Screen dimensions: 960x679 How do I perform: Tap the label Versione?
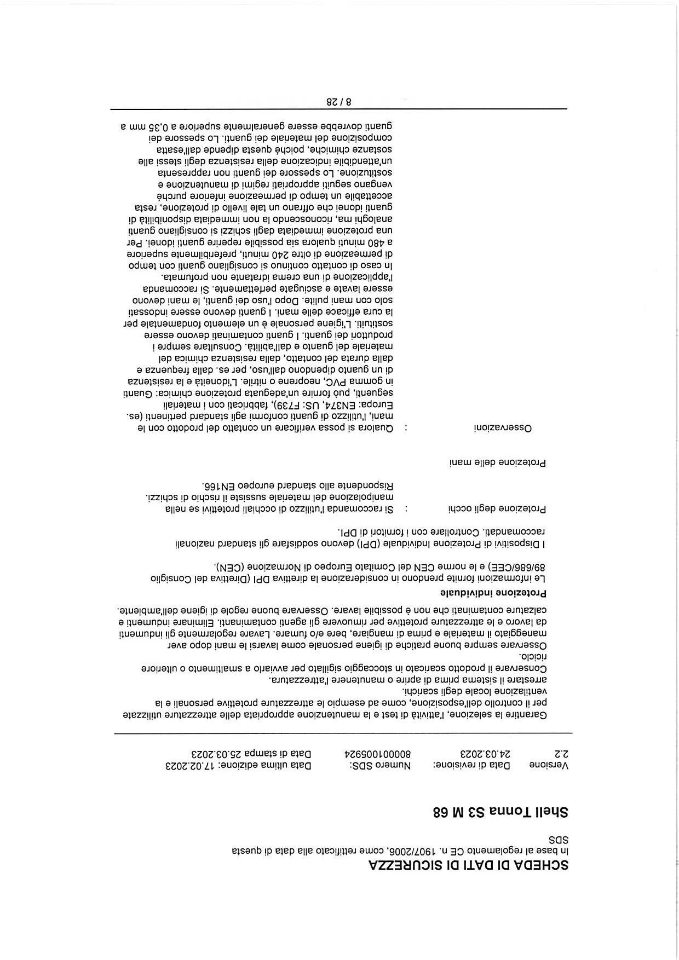[549, 766]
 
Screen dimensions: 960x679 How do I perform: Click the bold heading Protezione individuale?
[494, 593]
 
